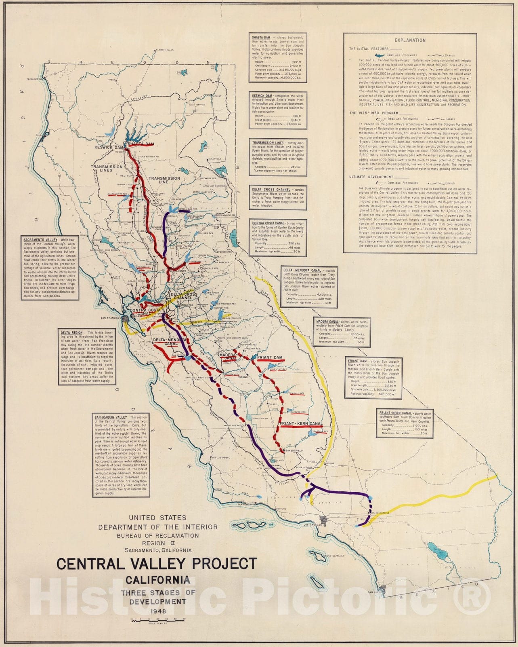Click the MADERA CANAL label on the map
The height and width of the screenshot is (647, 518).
point(227,356)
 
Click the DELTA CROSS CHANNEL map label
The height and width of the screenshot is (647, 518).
point(184,296)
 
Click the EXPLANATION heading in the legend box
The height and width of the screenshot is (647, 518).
point(410,40)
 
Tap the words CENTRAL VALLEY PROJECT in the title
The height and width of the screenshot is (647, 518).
point(157,564)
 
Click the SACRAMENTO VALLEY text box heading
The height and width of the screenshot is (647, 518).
point(40,239)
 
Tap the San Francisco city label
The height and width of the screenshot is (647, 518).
point(111,317)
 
